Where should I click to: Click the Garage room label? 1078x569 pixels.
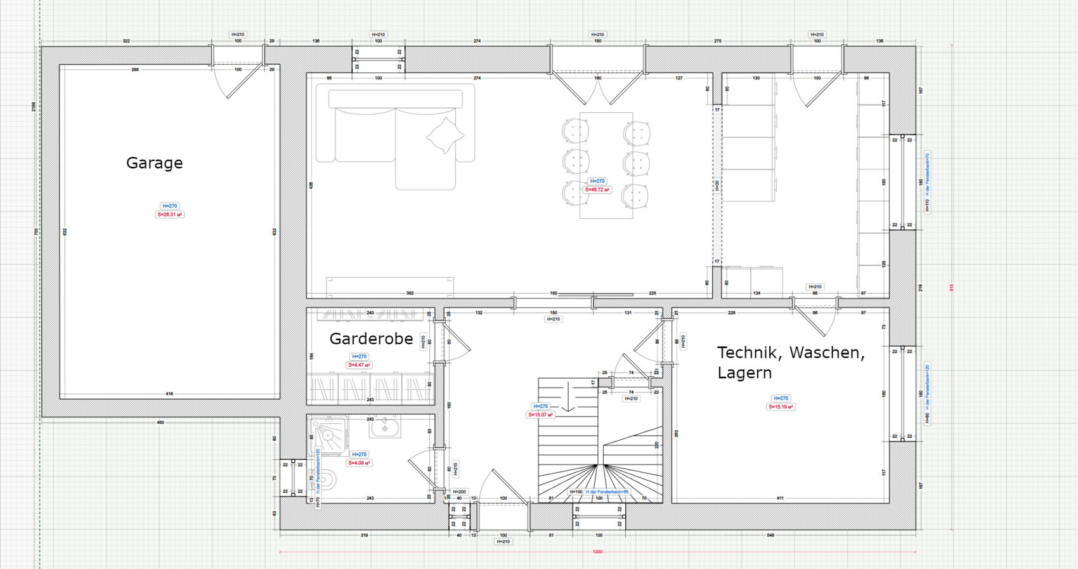(x=154, y=163)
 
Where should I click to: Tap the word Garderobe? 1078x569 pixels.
(x=371, y=339)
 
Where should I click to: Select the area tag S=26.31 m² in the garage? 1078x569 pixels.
(x=170, y=214)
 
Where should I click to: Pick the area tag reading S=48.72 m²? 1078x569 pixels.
(x=597, y=190)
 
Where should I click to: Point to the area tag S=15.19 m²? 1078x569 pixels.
(x=781, y=407)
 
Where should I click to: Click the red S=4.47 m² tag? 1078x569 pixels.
(x=359, y=365)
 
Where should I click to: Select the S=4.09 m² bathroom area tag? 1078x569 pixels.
(x=359, y=463)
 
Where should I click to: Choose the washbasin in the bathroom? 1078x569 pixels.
(x=385, y=427)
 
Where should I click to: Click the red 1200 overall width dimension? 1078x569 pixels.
(x=597, y=552)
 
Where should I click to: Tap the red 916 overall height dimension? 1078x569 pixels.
(x=951, y=287)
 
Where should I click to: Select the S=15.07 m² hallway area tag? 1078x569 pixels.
(x=540, y=415)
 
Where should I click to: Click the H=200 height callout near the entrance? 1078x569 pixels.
(x=460, y=492)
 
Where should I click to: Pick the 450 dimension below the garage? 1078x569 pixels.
(x=160, y=422)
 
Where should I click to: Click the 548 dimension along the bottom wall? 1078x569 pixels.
(x=770, y=535)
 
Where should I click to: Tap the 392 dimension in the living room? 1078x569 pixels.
(x=410, y=293)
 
